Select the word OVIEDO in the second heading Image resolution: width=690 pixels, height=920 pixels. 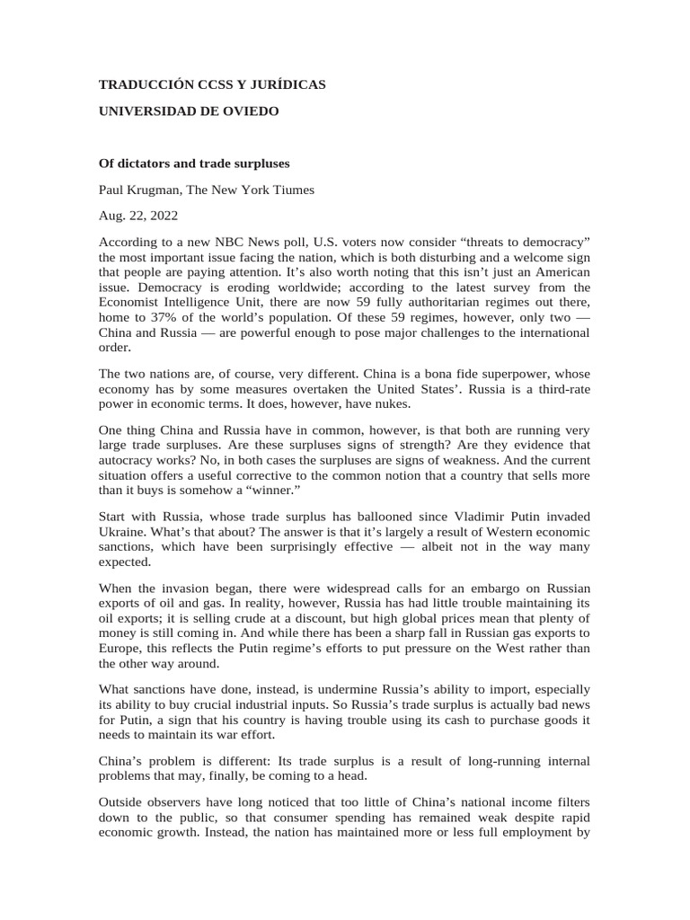tap(249, 111)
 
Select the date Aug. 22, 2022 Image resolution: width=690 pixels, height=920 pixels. tap(138, 216)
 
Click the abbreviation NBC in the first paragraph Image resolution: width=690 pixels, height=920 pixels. tap(231, 243)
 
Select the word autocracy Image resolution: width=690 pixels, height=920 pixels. tap(119, 460)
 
